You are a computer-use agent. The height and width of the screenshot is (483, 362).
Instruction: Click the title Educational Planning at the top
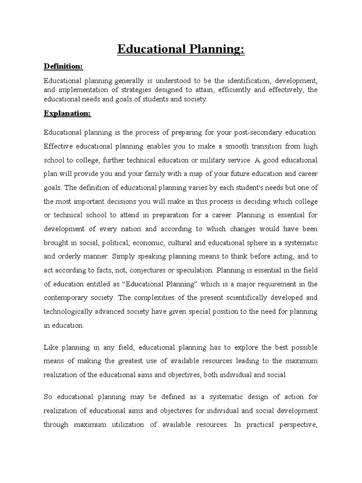coord(181,50)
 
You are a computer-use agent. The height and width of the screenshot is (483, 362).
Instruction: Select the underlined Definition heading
coord(63,66)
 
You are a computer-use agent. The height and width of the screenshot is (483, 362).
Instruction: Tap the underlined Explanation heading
coord(67,114)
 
